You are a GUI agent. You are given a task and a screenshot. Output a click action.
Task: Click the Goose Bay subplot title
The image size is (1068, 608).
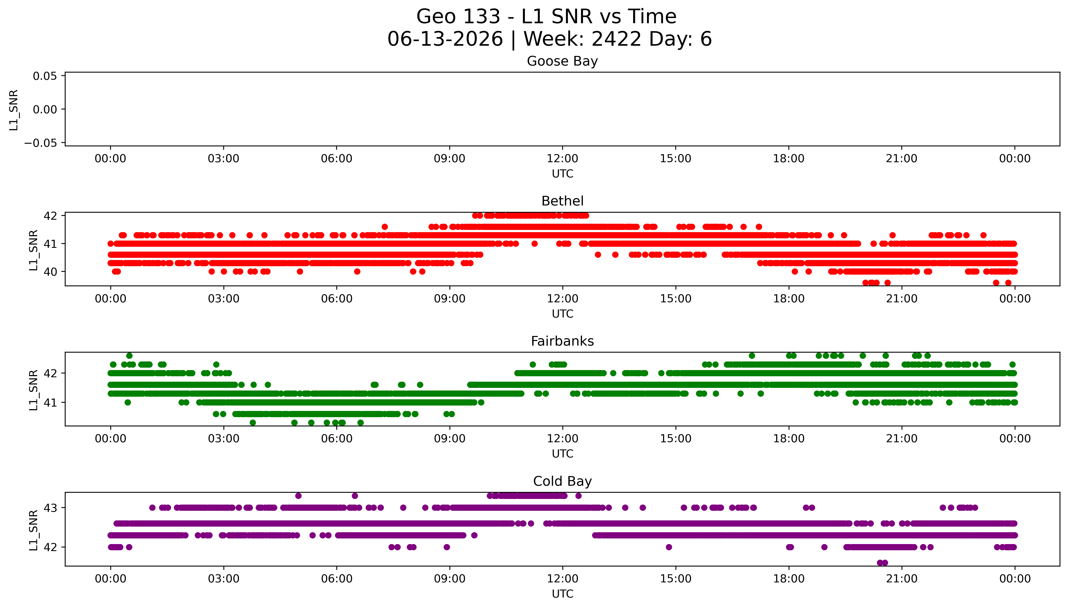point(562,61)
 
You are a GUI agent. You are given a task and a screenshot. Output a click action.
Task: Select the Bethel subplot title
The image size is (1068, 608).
point(562,201)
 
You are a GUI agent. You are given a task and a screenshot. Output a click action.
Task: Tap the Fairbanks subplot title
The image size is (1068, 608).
point(562,341)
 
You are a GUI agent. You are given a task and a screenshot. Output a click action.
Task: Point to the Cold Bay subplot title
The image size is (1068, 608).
point(562,482)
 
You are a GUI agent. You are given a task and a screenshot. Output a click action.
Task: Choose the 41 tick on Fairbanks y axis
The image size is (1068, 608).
point(50,403)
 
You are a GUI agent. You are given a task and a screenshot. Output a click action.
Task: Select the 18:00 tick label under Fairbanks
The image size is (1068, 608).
point(789,439)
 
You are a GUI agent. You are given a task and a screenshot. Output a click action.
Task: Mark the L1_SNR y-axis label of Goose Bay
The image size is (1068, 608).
point(14,110)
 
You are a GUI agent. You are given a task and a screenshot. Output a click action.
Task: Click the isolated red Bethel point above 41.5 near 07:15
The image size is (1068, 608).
point(385,227)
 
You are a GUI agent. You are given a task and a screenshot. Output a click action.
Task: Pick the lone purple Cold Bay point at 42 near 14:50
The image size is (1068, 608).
point(669,547)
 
